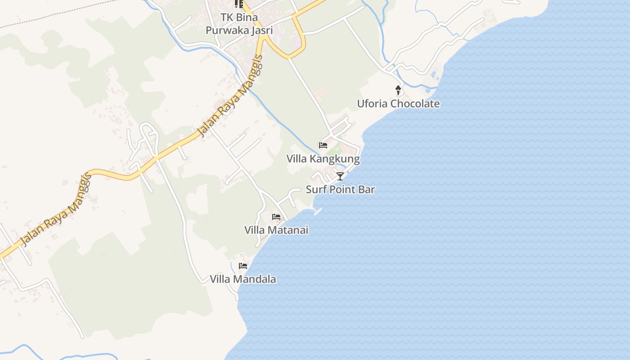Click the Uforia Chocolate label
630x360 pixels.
coord(398,103)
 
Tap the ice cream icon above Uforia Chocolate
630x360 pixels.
coord(398,90)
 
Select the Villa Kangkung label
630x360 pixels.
coord(323,159)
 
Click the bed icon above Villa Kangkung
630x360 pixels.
coord(323,145)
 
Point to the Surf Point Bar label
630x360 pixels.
coord(340,189)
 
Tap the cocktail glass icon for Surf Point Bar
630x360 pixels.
coord(340,176)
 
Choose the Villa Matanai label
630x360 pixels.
coord(276,230)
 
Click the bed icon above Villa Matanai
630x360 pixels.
coord(276,217)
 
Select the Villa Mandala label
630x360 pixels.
coord(243,279)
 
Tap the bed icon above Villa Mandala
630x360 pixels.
coord(243,266)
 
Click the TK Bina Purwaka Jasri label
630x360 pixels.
coord(239,24)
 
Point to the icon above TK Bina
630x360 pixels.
coord(239,4)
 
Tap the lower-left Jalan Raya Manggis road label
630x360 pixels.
coord(56,210)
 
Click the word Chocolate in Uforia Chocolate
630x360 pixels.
coord(415,103)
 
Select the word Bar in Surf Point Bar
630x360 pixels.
coord(367,189)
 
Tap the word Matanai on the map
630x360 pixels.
coord(289,230)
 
